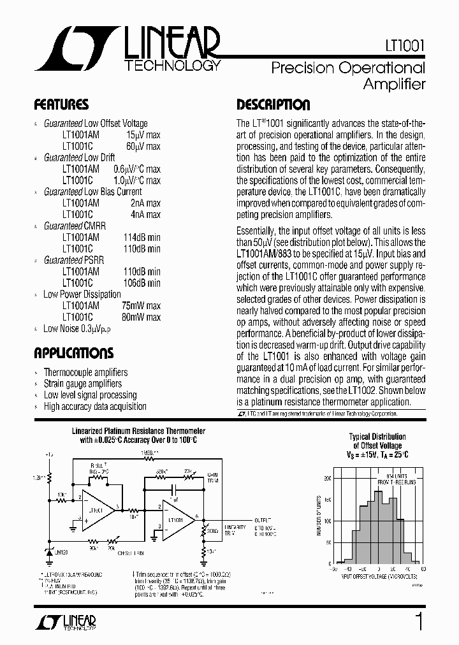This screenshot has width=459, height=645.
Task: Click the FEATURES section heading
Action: point(61,105)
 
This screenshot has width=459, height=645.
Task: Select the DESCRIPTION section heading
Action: point(273,105)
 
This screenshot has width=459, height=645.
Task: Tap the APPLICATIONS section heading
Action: point(73,354)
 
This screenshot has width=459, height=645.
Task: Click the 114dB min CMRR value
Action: point(142,238)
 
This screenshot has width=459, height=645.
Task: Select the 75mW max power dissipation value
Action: point(141,306)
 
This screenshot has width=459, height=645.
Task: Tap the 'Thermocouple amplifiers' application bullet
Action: point(85,372)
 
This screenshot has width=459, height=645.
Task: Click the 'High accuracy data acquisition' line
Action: point(95,407)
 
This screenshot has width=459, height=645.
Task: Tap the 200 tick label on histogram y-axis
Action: point(328,477)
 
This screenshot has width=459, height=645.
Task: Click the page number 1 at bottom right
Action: point(419,622)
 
